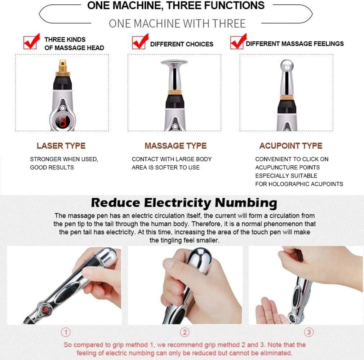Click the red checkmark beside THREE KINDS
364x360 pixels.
[31, 43]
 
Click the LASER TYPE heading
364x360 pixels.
[61, 146]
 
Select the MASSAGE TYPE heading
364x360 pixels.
[176, 146]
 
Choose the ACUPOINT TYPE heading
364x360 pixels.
[290, 146]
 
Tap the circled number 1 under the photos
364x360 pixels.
[66, 332]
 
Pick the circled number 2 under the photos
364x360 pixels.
[185, 332]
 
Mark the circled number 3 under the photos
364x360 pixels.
[309, 332]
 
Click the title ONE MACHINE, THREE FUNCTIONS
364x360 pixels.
[176, 5]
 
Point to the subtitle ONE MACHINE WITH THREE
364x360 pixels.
[177, 24]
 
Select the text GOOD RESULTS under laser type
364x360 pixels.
[52, 167]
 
